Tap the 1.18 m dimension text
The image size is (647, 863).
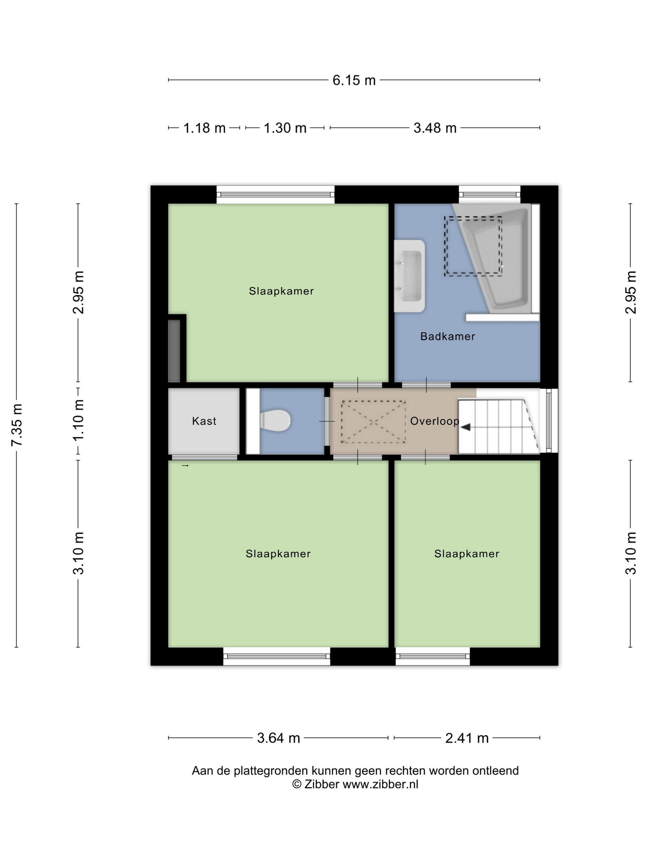pos(204,128)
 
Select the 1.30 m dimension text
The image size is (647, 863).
pos(285,128)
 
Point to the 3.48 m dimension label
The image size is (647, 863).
pos(435,128)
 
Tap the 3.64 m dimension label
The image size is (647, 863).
pos(279,738)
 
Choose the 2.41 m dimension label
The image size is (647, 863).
pos(467,738)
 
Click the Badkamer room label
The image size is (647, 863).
pos(447,336)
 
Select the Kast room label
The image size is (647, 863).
pos(204,421)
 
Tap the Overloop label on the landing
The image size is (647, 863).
pos(434,421)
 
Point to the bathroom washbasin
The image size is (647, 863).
pos(409,276)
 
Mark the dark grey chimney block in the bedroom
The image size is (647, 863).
pos(174,351)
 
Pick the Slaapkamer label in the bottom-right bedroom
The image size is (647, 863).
pos(466,554)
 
